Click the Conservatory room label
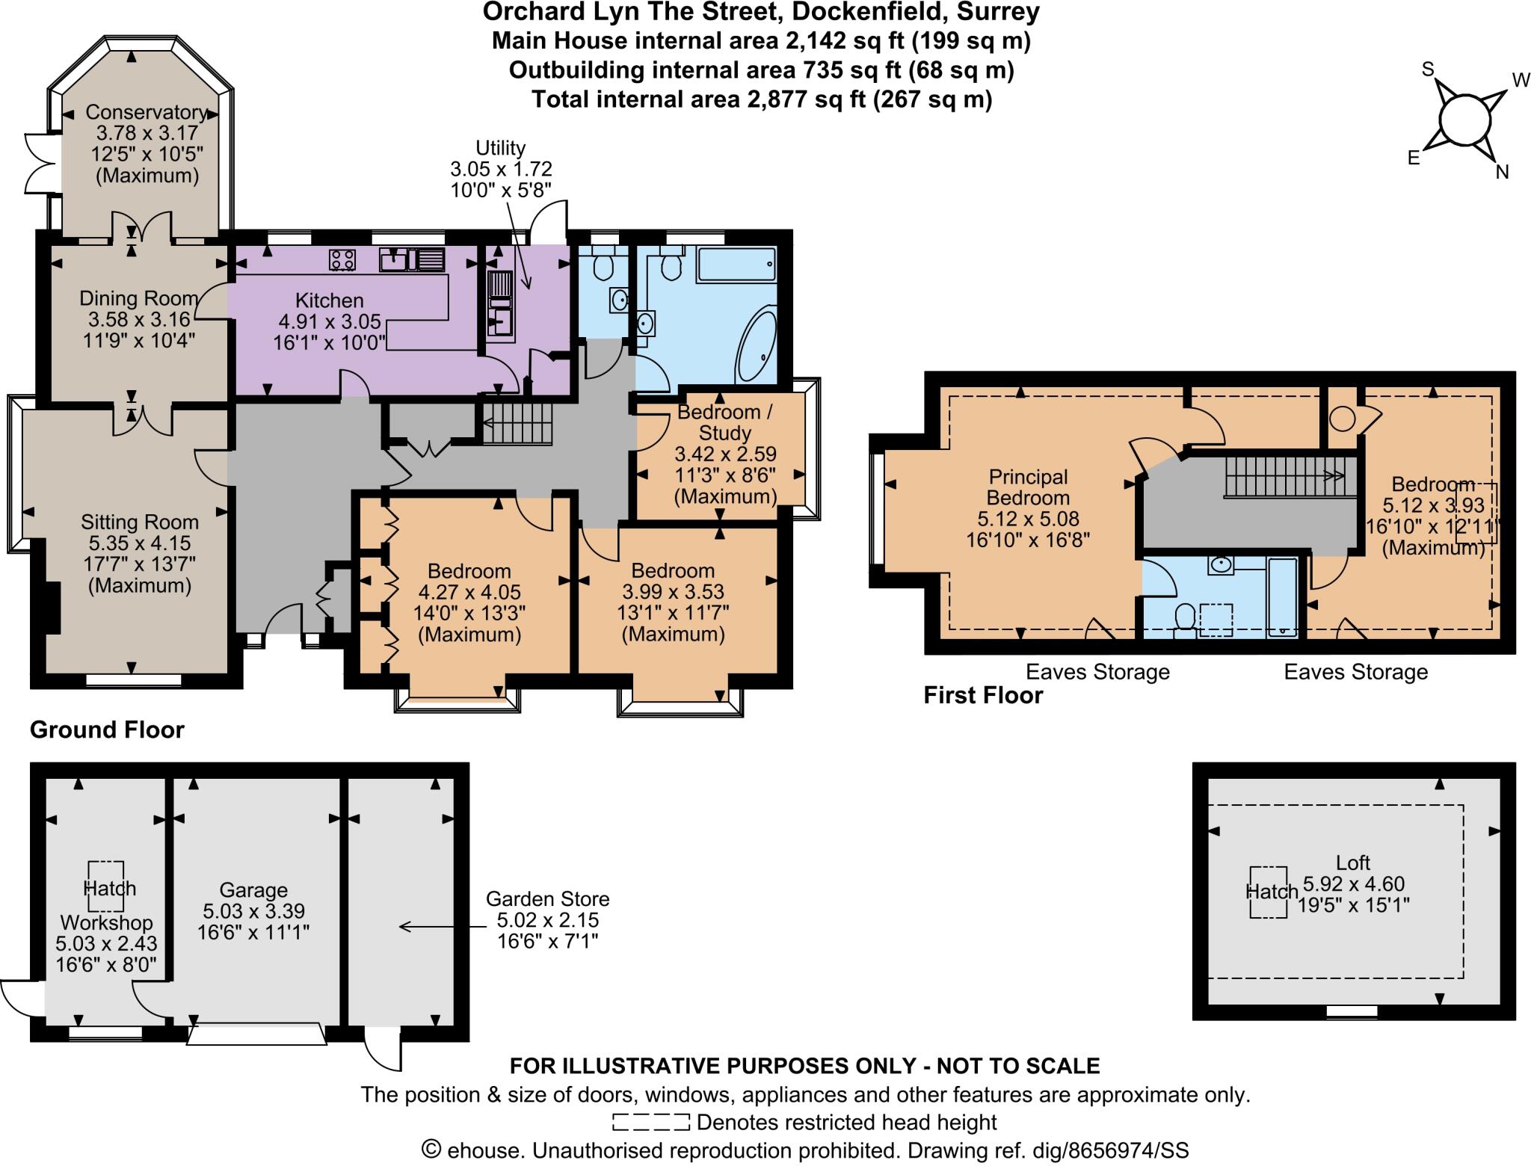coord(147,112)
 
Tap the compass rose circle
coord(1464,119)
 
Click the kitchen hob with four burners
coord(342,260)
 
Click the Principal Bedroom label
coord(1028,487)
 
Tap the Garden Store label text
coord(548,898)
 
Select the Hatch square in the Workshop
coord(106,887)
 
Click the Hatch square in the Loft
coord(1269,892)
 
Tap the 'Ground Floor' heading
coord(107,729)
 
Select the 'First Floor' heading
coord(983,695)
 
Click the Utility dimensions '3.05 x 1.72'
coord(501,169)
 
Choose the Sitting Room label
coord(140,522)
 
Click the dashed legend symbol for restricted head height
coord(650,1122)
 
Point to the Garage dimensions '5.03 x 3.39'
coord(253,911)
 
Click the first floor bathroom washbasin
coord(1221,565)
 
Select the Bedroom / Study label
coord(724,422)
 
